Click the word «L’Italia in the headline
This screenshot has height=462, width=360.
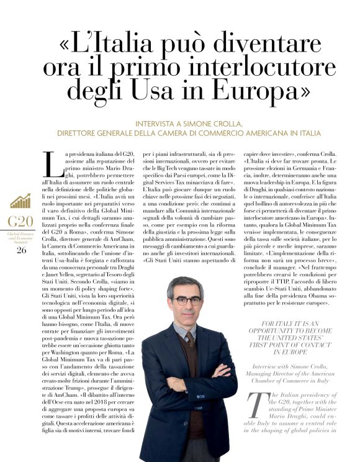[x=107, y=45]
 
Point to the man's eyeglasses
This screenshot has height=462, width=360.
[x=186, y=301]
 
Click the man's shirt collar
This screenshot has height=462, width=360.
[x=184, y=328]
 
